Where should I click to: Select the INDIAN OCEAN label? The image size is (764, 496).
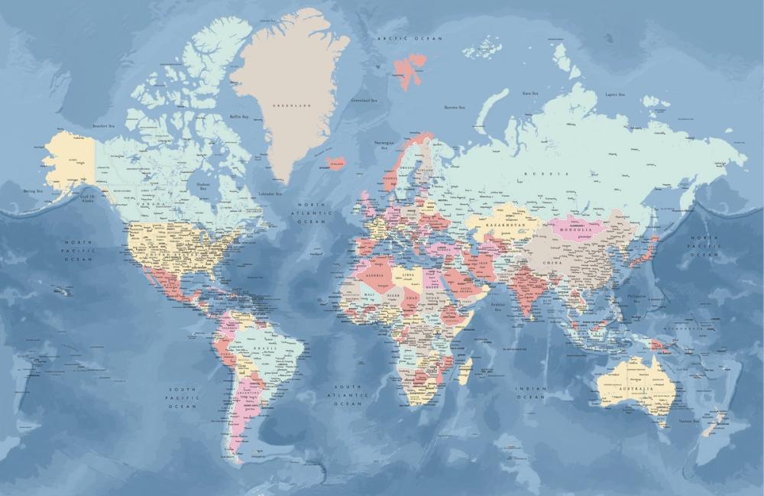531,393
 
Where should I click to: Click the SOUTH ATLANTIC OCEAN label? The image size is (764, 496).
347,394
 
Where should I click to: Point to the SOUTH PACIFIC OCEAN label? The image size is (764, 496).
183,397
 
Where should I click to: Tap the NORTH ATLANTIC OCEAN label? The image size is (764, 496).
311,213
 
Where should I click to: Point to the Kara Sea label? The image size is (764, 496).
529,93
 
